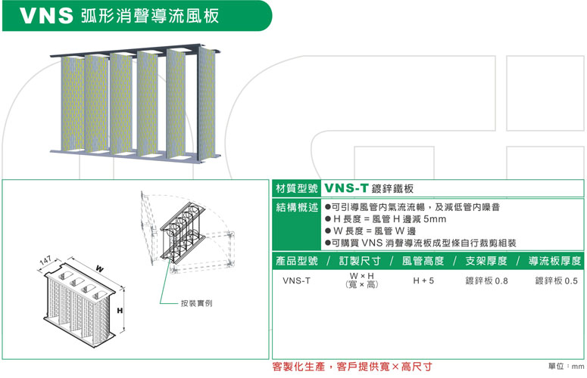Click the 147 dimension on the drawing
pos(46,261)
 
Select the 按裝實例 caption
pos(195,302)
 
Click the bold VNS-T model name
pos(347,188)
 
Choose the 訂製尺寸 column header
pos(361,261)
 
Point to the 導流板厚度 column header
pos(555,261)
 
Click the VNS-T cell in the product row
pos(296,281)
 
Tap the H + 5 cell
pos(423,281)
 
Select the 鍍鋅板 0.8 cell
pos(487,281)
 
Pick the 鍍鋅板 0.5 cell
pos(557,281)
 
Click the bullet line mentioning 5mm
pos(386,219)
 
